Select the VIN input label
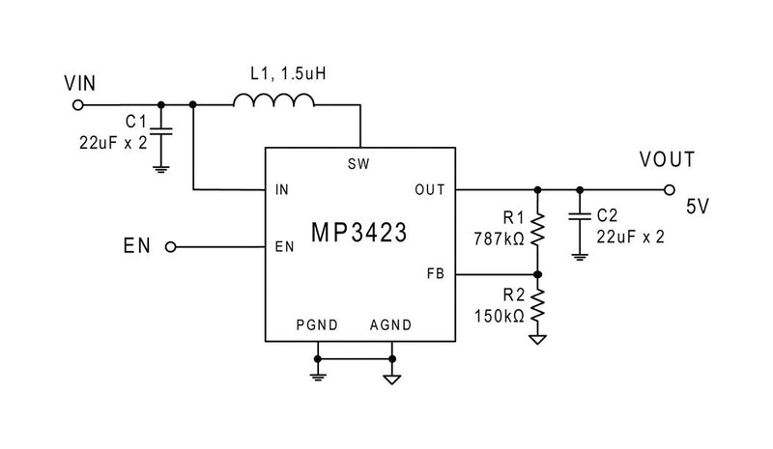[79, 83]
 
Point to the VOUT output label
[666, 160]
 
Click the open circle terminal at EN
[171, 246]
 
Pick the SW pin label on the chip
[358, 164]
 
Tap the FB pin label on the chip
[435, 274]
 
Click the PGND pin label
[317, 325]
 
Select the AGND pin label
[390, 325]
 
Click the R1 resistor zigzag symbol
[538, 230]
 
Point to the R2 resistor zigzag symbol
[538, 307]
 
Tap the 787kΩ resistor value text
[500, 238]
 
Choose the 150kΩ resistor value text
[499, 316]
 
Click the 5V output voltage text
[698, 206]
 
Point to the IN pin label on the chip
[281, 190]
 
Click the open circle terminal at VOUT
[668, 190]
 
